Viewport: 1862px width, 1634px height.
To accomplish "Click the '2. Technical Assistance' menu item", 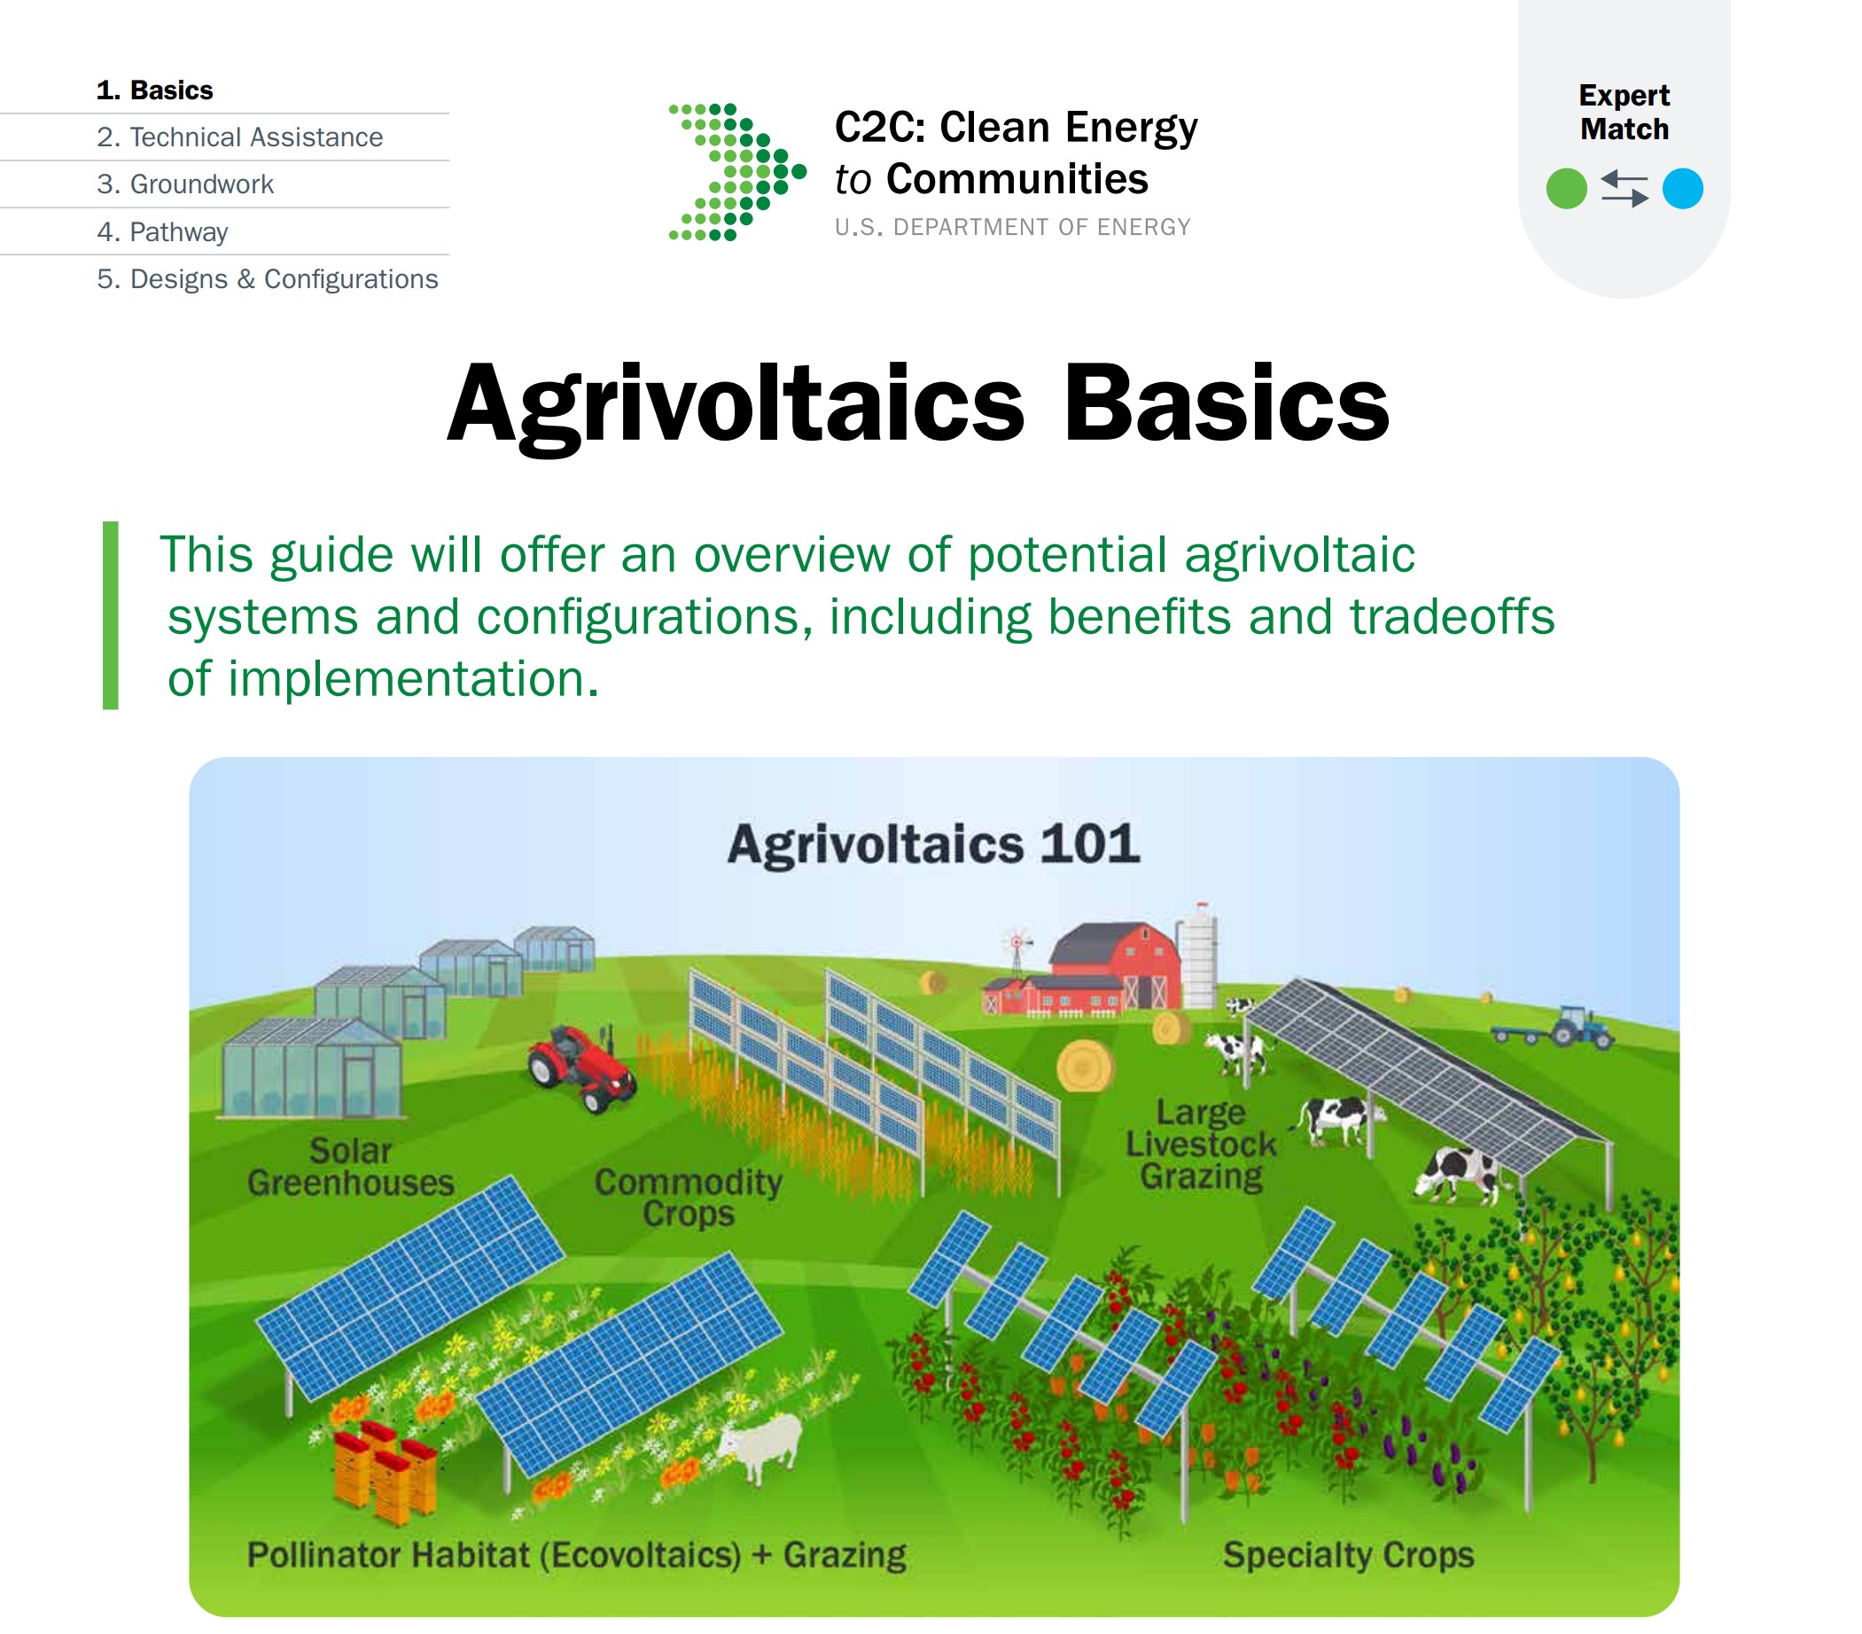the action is coord(239,137).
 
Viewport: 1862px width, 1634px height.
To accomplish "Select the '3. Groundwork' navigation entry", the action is coord(185,185).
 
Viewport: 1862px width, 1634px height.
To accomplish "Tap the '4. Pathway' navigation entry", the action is coord(162,232).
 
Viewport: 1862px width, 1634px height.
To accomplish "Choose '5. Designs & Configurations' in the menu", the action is coord(267,280).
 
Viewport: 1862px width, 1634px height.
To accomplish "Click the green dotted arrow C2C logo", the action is coord(737,172).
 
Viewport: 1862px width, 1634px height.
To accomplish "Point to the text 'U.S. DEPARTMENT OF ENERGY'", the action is coord(1013,228).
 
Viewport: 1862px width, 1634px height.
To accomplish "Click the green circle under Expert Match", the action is coord(1567,190).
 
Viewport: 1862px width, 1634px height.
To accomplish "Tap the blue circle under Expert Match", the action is coord(1683,190).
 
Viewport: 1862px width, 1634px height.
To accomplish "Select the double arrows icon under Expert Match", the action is coord(1624,190).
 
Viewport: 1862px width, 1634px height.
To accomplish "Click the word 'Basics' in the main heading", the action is coord(1227,403).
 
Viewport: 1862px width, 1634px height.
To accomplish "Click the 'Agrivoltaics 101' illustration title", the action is coord(934,844).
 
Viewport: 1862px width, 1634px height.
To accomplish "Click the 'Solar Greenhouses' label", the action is coord(351,1168).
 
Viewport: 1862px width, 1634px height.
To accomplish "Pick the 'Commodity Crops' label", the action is coord(689,1199).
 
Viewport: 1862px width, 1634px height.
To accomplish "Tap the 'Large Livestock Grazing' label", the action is coord(1202,1145).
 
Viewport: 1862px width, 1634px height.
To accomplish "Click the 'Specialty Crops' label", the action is coord(1349,1556).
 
